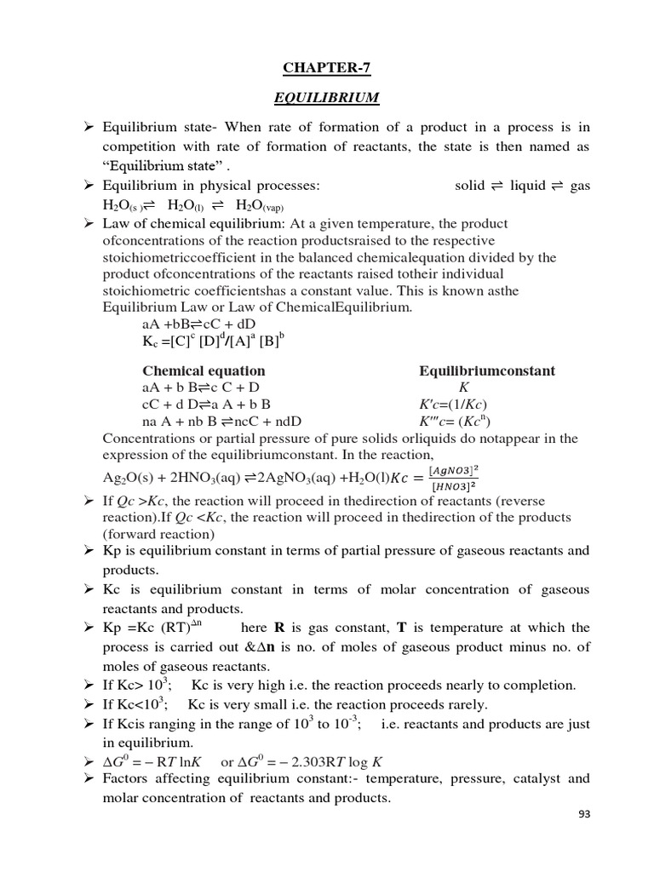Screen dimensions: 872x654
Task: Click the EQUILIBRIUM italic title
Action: pyautogui.click(x=326, y=98)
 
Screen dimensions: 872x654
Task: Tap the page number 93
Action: pyautogui.click(x=583, y=837)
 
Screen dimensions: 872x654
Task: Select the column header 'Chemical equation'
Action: pyautogui.click(x=204, y=371)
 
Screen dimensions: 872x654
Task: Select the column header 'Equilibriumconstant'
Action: pyautogui.click(x=487, y=371)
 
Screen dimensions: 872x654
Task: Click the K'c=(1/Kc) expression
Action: pyautogui.click(x=454, y=404)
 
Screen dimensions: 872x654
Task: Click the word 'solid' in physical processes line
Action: pyautogui.click(x=470, y=186)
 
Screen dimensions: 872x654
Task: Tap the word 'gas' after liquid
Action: pyautogui.click(x=580, y=186)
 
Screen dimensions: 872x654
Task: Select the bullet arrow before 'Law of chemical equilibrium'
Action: pyautogui.click(x=88, y=224)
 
